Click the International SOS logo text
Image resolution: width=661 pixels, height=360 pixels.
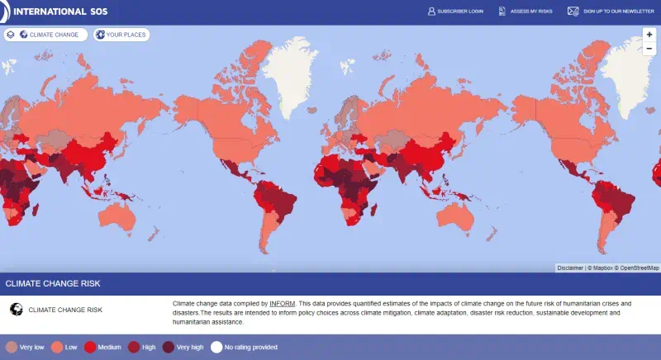(59, 12)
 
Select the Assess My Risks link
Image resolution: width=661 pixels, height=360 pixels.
(530, 12)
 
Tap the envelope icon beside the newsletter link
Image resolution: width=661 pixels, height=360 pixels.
(573, 12)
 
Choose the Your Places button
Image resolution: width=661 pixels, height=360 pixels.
(121, 35)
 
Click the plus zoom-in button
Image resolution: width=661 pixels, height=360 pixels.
(649, 35)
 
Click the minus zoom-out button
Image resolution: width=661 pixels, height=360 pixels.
(649, 49)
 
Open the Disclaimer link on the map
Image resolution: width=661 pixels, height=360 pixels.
(569, 268)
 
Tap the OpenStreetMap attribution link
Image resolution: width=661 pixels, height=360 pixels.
(640, 268)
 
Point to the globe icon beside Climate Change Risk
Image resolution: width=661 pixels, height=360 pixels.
(15, 310)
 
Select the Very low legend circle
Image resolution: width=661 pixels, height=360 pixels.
(12, 347)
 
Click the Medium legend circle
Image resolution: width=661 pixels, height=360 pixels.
(91, 347)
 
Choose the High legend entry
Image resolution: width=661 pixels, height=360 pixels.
(141, 347)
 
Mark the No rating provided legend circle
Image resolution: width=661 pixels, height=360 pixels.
(216, 347)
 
